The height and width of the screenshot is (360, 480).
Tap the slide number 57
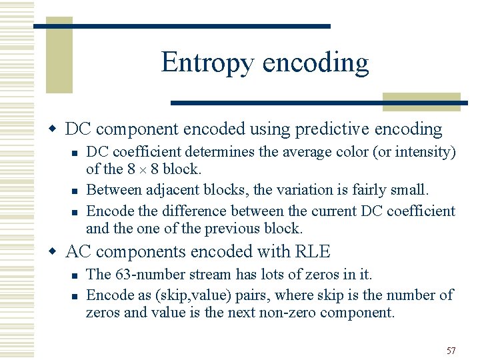pyautogui.click(x=451, y=351)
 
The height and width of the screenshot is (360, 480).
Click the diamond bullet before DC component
pyautogui.click(x=56, y=128)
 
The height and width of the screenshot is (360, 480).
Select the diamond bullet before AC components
pyautogui.click(x=56, y=251)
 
